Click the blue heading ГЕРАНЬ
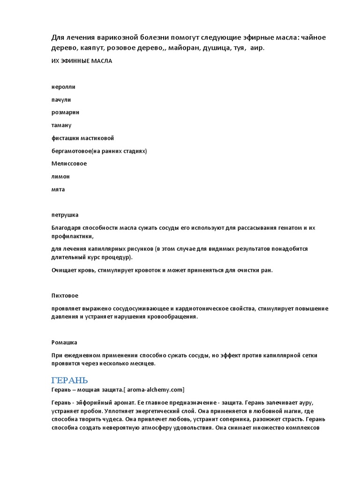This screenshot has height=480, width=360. tap(69, 379)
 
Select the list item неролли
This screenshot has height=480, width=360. tap(63, 87)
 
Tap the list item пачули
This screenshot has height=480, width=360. tap(61, 100)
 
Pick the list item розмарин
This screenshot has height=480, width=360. tap(65, 112)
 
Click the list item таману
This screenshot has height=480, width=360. tap(61, 125)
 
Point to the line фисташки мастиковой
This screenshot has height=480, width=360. tap(82, 138)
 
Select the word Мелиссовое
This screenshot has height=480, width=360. tap(69, 164)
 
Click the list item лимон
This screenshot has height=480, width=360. tap(60, 177)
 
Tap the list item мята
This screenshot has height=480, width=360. tap(58, 189)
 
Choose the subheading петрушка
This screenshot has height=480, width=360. tap(65, 215)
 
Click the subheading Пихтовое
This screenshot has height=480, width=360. tap(65, 296)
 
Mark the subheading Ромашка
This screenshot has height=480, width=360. tap(64, 342)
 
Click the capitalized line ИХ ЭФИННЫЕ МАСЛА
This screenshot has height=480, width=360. tap(82, 61)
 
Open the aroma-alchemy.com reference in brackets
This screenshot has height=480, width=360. tap(157, 390)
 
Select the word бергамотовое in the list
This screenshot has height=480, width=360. tap(73, 151)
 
